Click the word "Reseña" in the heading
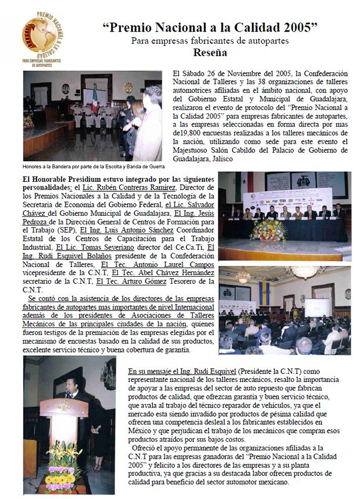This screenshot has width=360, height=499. coord(210,53)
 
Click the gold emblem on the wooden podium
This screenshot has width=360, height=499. coord(64,406)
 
